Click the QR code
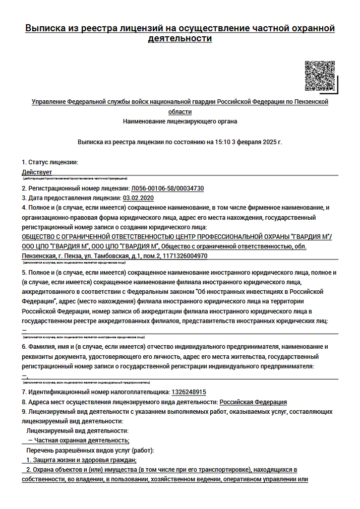coord(320,76)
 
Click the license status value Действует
coord(37,172)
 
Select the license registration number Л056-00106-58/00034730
coord(167,188)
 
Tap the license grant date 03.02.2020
coord(138,198)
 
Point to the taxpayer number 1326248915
coord(189,392)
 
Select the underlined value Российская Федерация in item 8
coord(253,402)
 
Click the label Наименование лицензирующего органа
coord(180,121)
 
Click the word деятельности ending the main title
coord(180,38)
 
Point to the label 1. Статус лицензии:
coord(50,162)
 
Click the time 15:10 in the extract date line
coord(214,142)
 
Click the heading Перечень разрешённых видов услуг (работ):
coord(90,450)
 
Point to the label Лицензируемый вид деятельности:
coord(77,431)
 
